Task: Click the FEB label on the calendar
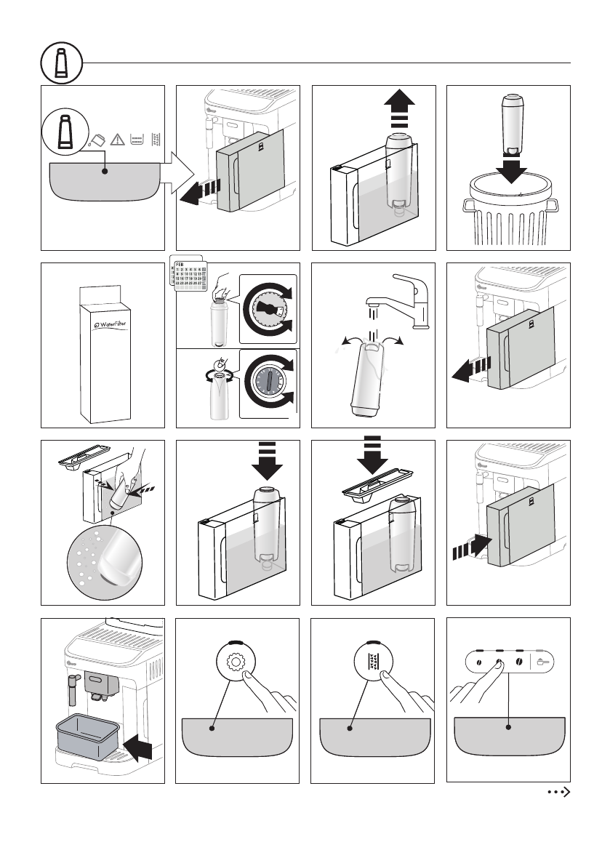[177, 267]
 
